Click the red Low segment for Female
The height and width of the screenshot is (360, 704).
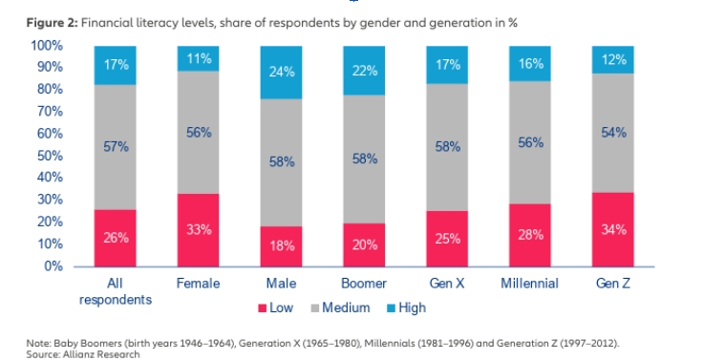(x=198, y=230)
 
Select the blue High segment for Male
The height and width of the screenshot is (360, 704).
(x=281, y=73)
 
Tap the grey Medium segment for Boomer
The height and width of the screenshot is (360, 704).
(x=364, y=159)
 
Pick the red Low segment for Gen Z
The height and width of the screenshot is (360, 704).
(x=613, y=230)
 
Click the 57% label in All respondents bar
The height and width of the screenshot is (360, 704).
(x=116, y=147)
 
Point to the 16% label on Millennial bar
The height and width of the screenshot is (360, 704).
(x=531, y=64)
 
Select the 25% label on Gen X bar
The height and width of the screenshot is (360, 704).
(x=448, y=239)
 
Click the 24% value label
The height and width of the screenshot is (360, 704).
(x=282, y=72)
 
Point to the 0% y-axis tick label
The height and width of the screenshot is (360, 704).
(x=53, y=266)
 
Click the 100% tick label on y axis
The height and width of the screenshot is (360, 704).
(x=47, y=45)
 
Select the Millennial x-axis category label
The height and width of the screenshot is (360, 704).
(x=530, y=284)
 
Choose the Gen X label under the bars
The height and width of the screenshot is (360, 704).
(x=447, y=284)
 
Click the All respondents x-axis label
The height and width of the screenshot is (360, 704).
(x=116, y=291)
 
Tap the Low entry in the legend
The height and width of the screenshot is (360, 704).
(x=276, y=307)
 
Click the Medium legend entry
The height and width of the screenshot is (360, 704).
(x=340, y=307)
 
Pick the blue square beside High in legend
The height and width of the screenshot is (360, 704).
(x=391, y=308)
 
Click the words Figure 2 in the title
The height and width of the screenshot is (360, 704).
(x=53, y=23)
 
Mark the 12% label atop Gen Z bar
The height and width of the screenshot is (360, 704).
(x=614, y=60)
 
